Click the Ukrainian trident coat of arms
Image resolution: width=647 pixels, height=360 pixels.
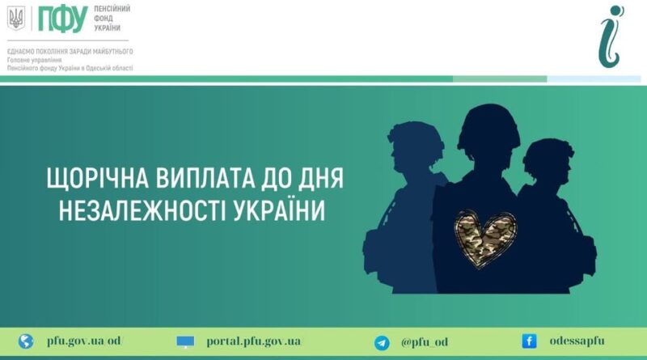click(16, 19)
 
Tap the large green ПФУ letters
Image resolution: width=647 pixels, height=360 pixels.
click(63, 19)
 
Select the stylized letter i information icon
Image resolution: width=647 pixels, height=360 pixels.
click(611, 36)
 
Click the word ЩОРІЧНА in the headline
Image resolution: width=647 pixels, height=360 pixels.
click(97, 178)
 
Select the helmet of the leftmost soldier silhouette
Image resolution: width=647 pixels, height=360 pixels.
click(415, 137)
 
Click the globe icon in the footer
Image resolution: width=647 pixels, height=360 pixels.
click(26, 341)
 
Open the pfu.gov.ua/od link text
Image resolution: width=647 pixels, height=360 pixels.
click(85, 341)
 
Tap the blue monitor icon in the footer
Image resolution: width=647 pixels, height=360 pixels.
click(185, 342)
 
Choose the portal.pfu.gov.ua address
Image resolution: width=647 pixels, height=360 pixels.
click(254, 342)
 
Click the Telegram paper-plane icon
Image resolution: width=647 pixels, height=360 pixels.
click(382, 343)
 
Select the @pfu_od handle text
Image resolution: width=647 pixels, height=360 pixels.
click(425, 342)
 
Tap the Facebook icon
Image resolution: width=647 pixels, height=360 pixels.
click(529, 341)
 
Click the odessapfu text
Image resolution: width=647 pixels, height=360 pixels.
click(577, 341)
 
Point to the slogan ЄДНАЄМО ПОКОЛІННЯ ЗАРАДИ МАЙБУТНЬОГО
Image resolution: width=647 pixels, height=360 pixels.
click(70, 52)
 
